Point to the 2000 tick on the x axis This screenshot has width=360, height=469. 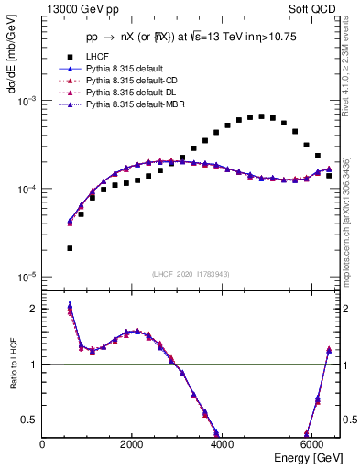tap(133, 444)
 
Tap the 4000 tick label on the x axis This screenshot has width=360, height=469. tap(223, 444)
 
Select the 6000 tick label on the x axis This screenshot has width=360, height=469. tap(312, 444)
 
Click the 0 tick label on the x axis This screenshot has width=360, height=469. tap(43, 444)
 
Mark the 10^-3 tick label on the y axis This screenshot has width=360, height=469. tap(28, 102)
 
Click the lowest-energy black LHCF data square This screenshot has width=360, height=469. tap(71, 248)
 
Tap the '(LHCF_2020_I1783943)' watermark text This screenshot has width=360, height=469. tap(191, 275)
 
